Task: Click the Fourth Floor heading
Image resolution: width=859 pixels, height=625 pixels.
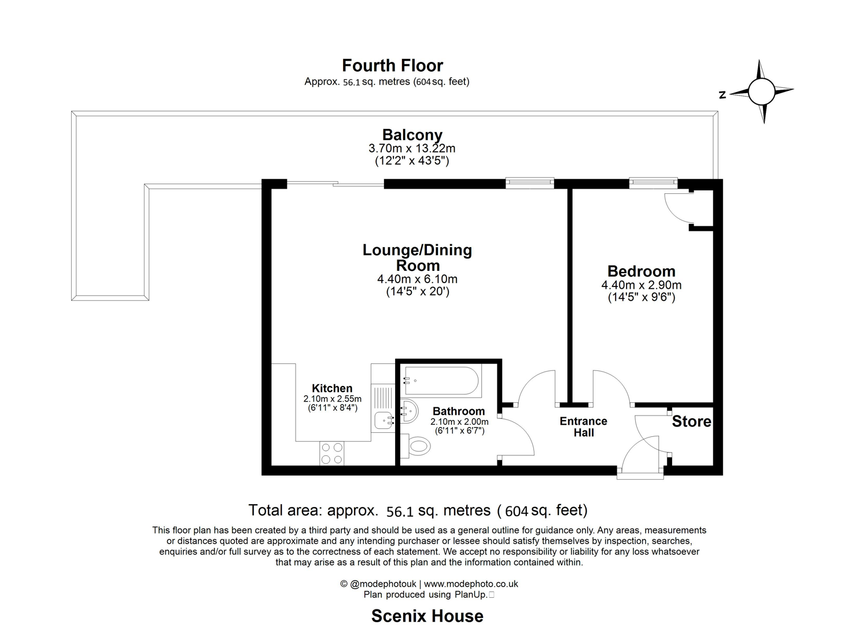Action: coord(392,65)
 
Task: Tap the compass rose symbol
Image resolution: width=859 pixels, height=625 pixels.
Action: coord(761,91)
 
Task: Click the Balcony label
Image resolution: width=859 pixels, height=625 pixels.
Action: coord(412,135)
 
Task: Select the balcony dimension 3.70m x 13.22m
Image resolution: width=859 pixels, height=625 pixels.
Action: coord(412,148)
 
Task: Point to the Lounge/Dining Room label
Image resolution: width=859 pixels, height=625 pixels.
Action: coord(417,258)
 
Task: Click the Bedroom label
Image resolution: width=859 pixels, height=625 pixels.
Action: coord(641,271)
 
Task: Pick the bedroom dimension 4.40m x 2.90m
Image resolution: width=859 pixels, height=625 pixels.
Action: coord(641,285)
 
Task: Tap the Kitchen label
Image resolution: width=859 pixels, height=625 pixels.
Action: coord(332,388)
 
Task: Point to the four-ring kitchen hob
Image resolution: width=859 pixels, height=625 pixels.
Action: coord(331,453)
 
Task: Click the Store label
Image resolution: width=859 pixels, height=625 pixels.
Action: coord(691,421)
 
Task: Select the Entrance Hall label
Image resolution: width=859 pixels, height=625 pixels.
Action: coord(583,427)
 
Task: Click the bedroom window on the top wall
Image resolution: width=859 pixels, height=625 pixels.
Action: coord(653,183)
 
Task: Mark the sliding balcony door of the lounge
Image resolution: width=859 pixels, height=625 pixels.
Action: coord(336,184)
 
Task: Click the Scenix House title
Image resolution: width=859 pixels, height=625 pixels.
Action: coord(427,616)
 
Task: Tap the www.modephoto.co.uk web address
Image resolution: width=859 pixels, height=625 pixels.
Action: coord(471,584)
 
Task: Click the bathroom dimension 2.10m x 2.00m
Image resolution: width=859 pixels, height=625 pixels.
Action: coord(459,422)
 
